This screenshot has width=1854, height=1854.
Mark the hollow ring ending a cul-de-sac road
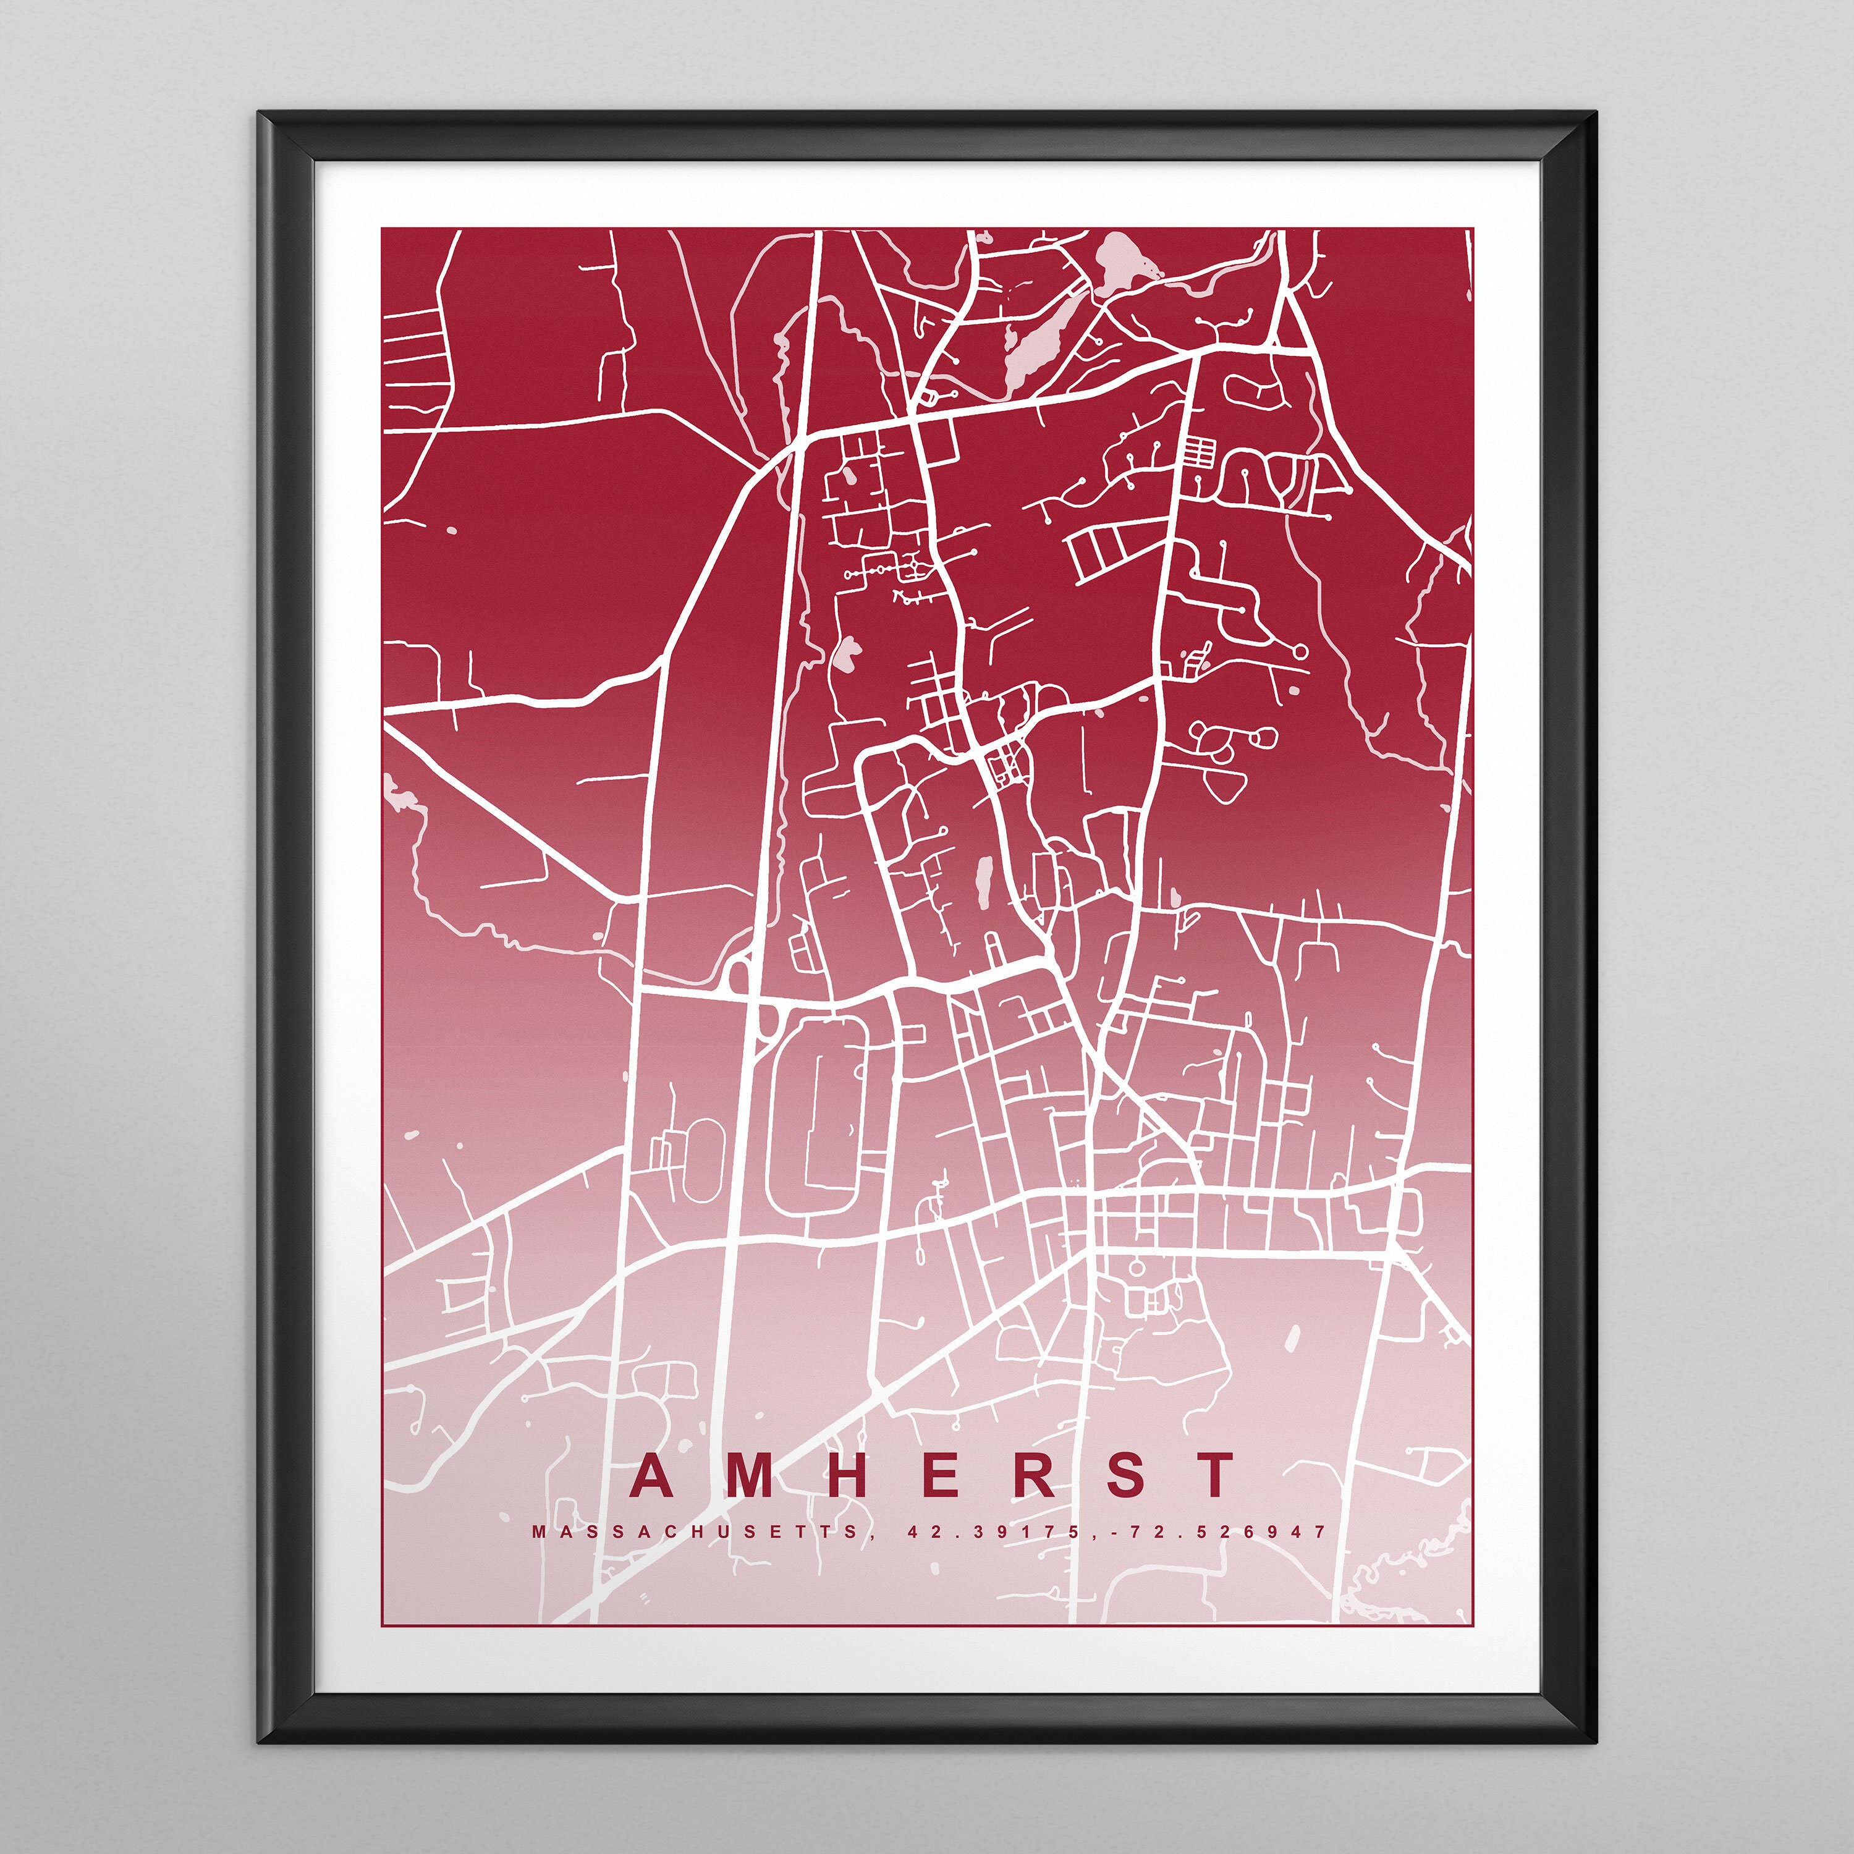click(1300, 651)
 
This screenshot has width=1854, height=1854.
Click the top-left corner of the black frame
click(261, 115)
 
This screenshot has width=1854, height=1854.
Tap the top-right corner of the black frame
click(1595, 115)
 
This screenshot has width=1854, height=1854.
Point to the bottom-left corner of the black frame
click(261, 1742)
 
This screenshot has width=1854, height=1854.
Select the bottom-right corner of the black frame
click(1595, 1742)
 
